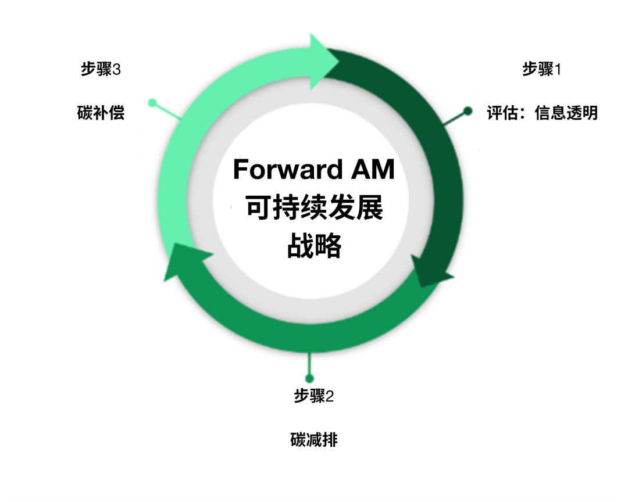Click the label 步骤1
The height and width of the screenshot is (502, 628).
coord(541,69)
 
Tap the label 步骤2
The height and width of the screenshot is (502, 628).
coord(313,396)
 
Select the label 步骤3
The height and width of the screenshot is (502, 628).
coord(101,69)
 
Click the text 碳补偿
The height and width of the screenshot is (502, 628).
coord(101,113)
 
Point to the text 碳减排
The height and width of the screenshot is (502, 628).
coord(314,440)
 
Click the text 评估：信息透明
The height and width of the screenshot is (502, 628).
coord(543,113)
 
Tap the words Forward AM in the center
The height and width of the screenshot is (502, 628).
coord(313,169)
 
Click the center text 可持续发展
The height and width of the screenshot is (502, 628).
coord(315,207)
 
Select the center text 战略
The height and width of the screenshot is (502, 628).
coord(315,245)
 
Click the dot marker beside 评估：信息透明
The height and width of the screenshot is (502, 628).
coord(468,111)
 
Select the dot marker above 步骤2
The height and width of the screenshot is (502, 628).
coord(309,378)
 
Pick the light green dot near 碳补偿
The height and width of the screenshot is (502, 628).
coord(152,103)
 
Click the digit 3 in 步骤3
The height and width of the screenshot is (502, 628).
coord(116,70)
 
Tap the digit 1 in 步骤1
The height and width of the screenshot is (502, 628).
coord(558,70)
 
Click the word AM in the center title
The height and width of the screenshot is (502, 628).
coord(373,169)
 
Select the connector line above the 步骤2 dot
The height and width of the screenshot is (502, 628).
coord(309,363)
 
